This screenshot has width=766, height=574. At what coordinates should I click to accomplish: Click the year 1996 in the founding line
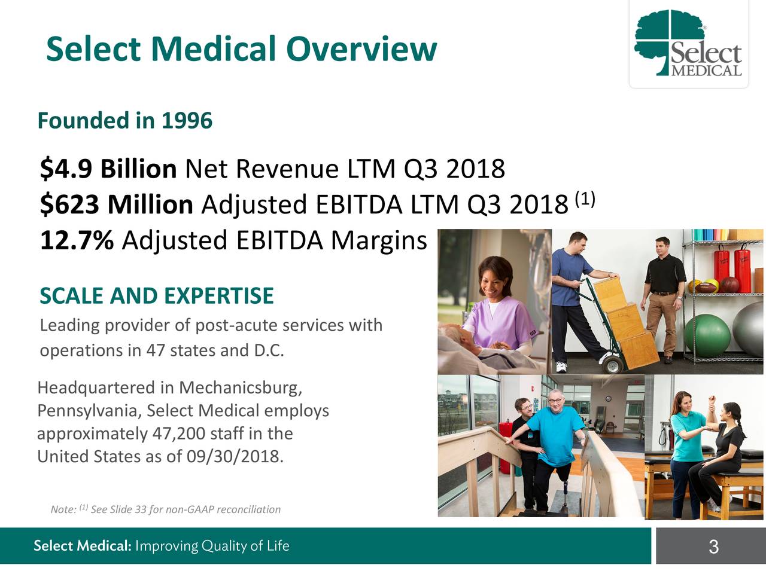pyautogui.click(x=186, y=121)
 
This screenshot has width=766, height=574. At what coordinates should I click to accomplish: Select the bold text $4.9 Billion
pyautogui.click(x=108, y=169)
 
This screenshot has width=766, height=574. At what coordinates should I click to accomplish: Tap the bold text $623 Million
pyautogui.click(x=116, y=205)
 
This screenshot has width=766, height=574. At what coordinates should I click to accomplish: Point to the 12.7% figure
pyautogui.click(x=76, y=241)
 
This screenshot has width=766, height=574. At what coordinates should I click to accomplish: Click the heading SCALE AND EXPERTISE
pyautogui.click(x=156, y=296)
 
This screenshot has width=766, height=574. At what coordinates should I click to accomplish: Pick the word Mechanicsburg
pyautogui.click(x=239, y=388)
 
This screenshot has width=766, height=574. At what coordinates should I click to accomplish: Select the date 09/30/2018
pyautogui.click(x=233, y=457)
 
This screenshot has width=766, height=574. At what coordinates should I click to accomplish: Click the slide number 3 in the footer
pyautogui.click(x=713, y=546)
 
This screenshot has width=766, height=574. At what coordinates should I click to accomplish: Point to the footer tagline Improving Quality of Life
pyautogui.click(x=212, y=546)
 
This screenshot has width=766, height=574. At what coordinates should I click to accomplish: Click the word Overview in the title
pyautogui.click(x=361, y=49)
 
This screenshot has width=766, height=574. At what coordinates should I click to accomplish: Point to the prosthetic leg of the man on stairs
pyautogui.click(x=563, y=496)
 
